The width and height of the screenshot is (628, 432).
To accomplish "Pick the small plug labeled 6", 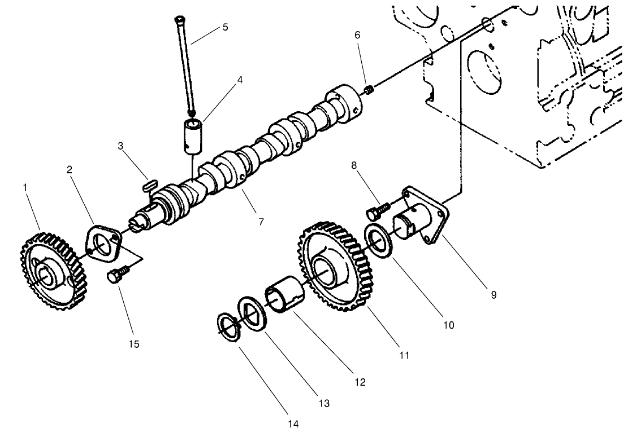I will (369, 89).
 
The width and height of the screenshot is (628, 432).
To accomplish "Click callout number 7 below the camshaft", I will (261, 222).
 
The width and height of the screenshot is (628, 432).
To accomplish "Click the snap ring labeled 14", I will (229, 328).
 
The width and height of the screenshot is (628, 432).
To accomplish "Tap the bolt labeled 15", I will (115, 277).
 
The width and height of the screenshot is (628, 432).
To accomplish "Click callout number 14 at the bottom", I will (293, 424).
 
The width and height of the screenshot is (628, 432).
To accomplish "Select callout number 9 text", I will (493, 295).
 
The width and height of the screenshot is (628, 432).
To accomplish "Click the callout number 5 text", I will (225, 27).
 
